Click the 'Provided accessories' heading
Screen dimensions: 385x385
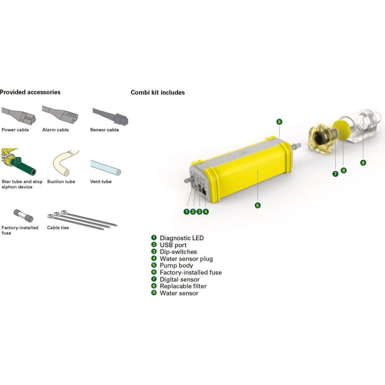pyautogui.click(x=30, y=92)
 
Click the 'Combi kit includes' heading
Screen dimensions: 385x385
pyautogui.click(x=158, y=92)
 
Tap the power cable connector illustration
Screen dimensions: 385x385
pyautogui.click(x=19, y=115)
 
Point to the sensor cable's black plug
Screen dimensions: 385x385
pyautogui.click(x=121, y=119)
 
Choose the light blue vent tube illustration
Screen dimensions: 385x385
pyautogui.click(x=106, y=167)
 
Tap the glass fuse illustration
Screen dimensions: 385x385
pyautogui.click(x=23, y=216)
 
